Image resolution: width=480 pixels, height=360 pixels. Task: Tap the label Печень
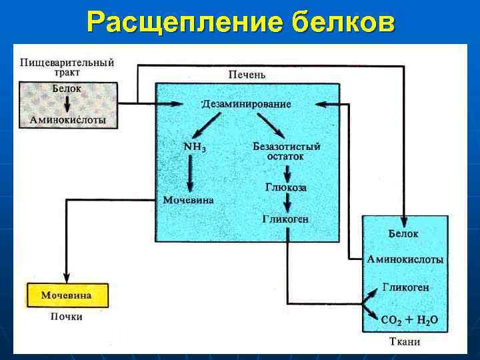tap(247, 75)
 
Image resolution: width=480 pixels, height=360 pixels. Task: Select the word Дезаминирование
tap(247, 104)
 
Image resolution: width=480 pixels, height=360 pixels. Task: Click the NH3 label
tap(195, 147)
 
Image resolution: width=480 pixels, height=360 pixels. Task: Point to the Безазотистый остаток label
tap(287, 151)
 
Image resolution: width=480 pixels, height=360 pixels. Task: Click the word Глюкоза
tap(286, 188)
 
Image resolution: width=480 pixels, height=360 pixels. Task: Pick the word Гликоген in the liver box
tap(286, 219)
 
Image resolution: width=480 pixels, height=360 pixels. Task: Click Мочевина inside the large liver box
tap(189, 199)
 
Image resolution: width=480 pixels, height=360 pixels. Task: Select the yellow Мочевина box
tap(66, 295)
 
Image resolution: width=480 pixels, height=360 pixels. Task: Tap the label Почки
tap(67, 317)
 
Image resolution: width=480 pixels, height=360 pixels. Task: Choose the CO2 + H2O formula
tap(409, 319)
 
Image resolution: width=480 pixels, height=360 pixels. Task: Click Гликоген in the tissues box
tap(406, 288)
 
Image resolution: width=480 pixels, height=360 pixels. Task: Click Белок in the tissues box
tap(403, 233)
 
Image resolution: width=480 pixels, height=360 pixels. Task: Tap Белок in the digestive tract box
tap(67, 88)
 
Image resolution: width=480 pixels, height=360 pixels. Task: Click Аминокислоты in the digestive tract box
tap(67, 119)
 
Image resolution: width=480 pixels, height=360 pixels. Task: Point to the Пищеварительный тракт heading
tap(67, 67)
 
